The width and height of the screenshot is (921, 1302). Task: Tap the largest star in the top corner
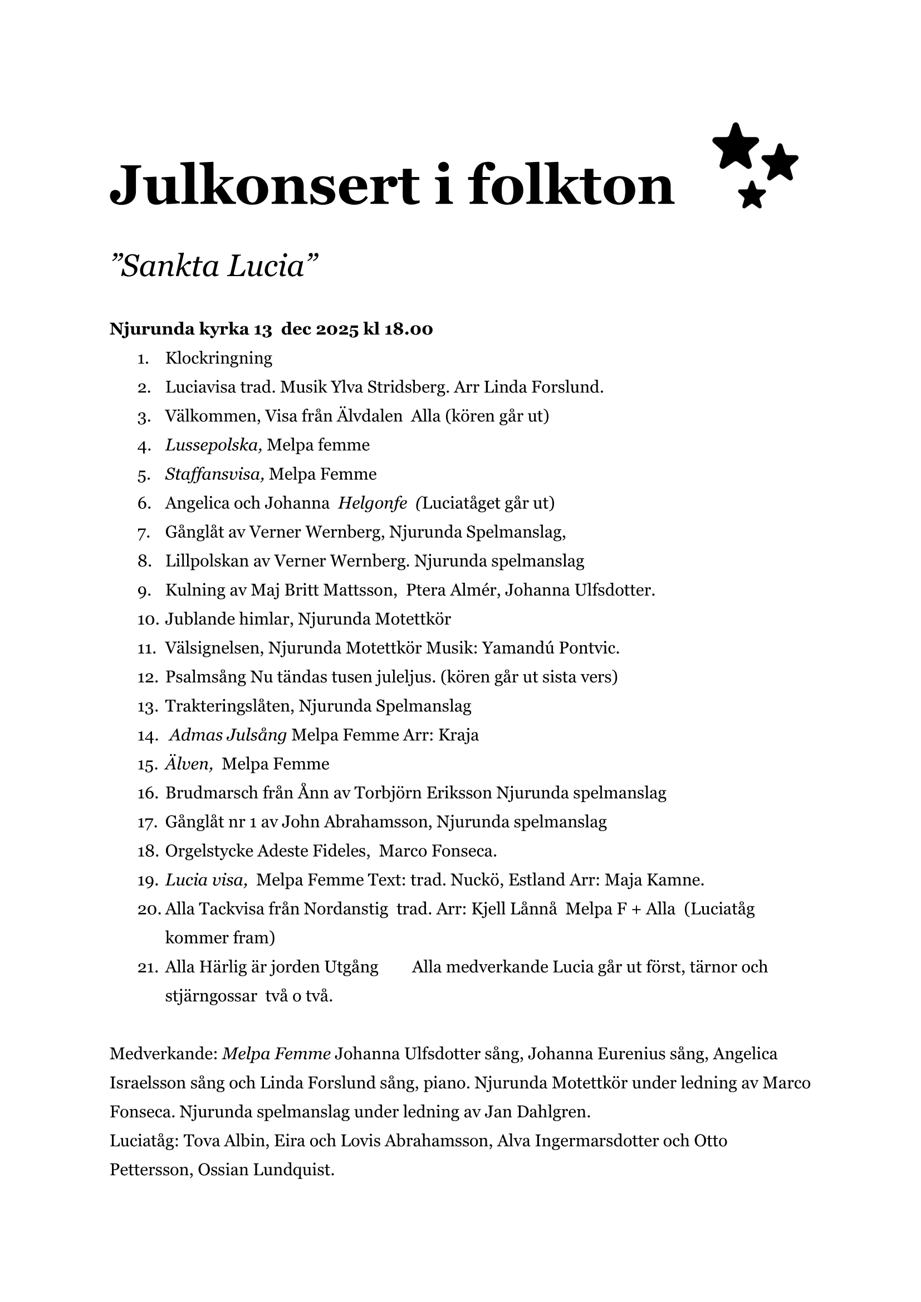coord(735,146)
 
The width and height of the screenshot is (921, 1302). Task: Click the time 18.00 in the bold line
coord(408,330)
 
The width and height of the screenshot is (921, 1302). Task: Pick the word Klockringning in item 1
coord(218,358)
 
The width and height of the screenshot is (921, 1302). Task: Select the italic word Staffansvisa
coord(214,474)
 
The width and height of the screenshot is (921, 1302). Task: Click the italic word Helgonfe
coord(373,503)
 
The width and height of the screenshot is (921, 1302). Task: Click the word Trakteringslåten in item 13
coord(229,706)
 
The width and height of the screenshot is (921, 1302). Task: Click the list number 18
coord(147,852)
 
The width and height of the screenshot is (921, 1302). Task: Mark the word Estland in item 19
coord(536,881)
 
